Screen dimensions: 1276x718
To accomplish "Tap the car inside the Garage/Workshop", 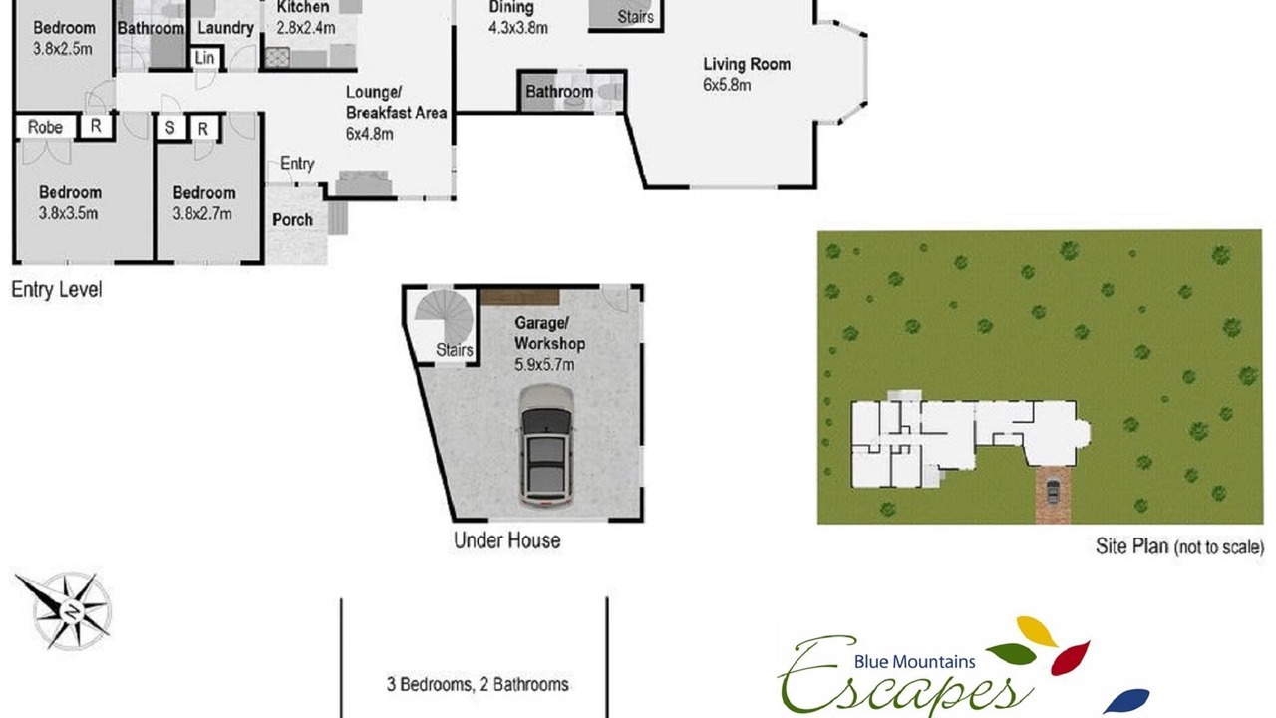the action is (546, 446).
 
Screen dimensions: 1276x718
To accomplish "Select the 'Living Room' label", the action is (747, 64).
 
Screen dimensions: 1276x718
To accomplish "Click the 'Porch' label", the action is (292, 220).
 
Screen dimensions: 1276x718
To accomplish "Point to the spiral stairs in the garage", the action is (444, 318).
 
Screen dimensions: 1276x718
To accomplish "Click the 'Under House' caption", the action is (507, 540).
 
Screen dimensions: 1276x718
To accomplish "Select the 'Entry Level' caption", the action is (57, 289).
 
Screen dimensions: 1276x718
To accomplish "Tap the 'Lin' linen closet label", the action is (204, 58).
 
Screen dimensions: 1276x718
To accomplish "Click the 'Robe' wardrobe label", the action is (45, 127).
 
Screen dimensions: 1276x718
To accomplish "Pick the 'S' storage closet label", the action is (169, 128).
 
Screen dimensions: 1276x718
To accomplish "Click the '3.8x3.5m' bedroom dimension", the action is (69, 213).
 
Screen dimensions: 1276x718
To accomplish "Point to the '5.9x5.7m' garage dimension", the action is (544, 365).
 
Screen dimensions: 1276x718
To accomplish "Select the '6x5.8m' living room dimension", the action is (727, 85).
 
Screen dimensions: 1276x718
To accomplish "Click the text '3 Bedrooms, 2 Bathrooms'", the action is (478, 684).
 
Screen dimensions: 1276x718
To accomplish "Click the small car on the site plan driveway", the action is (1053, 491).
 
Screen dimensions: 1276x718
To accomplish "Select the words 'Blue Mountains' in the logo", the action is (914, 661).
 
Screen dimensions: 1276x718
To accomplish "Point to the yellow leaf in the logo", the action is (1036, 631).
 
